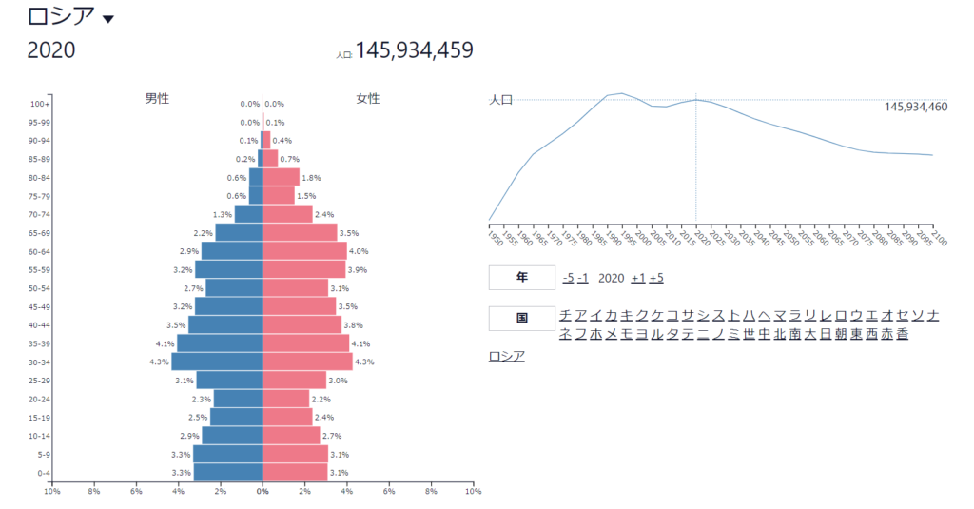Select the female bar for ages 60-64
304,251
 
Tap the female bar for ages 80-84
281,177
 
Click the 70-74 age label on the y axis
39,214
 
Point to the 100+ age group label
40,104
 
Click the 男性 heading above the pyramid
157,98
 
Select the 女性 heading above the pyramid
367,98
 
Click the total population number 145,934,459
414,50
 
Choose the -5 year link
568,278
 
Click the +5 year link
656,278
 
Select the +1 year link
638,278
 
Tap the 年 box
521,278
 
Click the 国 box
521,319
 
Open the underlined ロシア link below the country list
506,356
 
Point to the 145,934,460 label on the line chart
915,108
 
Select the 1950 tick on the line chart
492,235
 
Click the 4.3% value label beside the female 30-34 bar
365,362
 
